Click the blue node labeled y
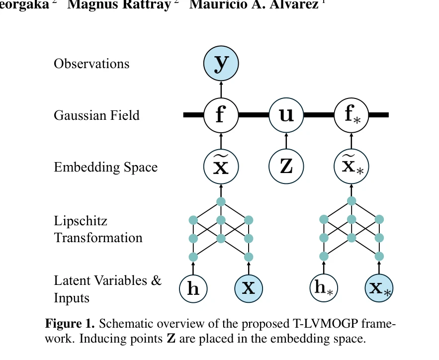click(221, 64)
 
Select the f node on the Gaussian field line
click(221, 115)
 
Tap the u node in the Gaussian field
click(286, 115)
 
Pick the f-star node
click(351, 115)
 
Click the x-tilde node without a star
click(221, 167)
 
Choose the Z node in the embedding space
click(286, 167)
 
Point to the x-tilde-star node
click(351, 167)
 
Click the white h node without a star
click(193, 288)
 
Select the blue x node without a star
click(249, 288)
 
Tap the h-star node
click(324, 288)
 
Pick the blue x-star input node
click(379, 288)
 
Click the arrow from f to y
click(221, 90)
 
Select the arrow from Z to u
click(286, 141)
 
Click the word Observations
click(91, 64)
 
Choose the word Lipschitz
click(81, 221)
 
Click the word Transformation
click(98, 238)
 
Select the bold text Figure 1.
click(70, 324)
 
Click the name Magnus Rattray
click(119, 4)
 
